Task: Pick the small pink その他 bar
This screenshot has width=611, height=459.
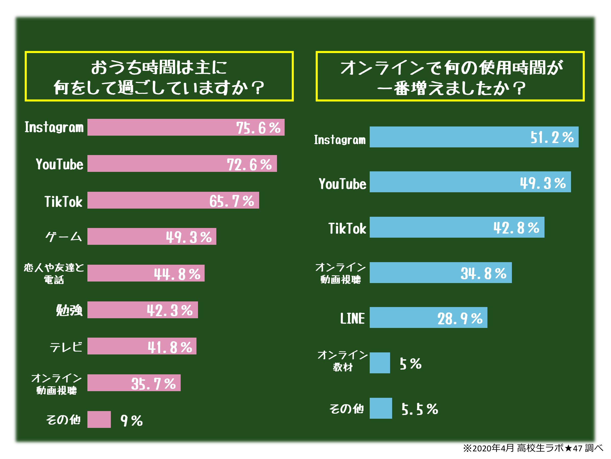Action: coord(99,419)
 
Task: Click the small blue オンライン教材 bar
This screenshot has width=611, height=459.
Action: coord(380,363)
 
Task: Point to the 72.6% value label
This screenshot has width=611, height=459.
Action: coord(249,164)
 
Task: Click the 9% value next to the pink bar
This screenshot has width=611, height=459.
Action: coord(131,420)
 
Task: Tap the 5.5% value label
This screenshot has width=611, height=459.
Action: coord(420,409)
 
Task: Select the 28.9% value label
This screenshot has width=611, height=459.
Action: coord(460,318)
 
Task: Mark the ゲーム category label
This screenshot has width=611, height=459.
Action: coord(64,237)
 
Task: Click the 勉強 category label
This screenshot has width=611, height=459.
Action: coord(69,310)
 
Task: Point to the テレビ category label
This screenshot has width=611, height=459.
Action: coord(66,347)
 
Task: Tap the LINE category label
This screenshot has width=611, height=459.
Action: coord(352,318)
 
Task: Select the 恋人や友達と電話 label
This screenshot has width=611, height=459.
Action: coord(54,273)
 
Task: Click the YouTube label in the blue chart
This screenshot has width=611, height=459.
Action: coord(342,184)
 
